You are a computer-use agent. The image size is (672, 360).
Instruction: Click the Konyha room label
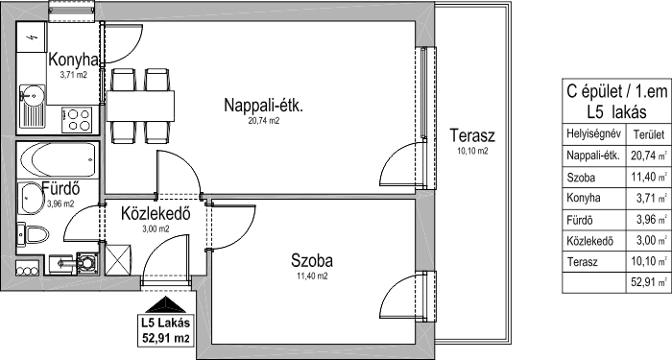[x=73, y=60]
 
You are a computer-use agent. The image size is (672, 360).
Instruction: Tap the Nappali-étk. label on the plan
[x=264, y=106]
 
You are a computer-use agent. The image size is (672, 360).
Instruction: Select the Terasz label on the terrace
[x=472, y=135]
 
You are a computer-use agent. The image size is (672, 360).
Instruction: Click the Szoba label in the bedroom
[x=312, y=260]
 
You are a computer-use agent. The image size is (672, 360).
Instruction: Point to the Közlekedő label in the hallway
[x=156, y=213]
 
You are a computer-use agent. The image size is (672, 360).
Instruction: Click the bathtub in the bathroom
[x=59, y=160]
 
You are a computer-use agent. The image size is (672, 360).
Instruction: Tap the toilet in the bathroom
[x=33, y=235]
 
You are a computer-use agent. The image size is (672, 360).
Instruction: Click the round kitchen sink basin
[x=31, y=92]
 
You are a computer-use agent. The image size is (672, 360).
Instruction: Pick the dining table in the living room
[x=140, y=106]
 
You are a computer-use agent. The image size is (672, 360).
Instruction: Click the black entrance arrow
[x=165, y=304]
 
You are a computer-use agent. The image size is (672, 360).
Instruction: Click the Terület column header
[x=648, y=135]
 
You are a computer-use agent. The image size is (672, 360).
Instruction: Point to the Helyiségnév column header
[x=593, y=133]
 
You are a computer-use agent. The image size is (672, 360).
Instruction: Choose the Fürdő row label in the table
[x=580, y=220]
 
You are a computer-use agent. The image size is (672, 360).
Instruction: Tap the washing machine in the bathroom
[x=87, y=263]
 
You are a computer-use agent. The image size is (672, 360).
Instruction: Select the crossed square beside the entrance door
[x=119, y=259]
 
